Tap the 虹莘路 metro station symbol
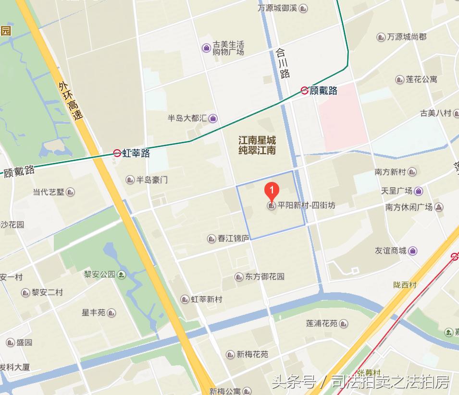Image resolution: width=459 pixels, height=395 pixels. point(117,153)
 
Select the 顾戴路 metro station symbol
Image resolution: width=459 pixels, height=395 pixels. point(305,90)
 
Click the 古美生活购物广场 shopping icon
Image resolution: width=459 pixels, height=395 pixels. point(206,48)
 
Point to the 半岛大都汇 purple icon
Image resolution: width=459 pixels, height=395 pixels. point(213,118)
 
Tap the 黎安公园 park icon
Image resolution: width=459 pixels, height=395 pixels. point(122,275)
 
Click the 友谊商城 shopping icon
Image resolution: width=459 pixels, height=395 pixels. point(413,251)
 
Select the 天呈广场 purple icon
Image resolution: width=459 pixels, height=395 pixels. point(419,191)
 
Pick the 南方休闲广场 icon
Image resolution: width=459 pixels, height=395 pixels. point(438,207)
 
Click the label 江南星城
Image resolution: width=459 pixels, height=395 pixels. point(258,141)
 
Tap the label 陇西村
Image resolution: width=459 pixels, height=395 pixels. point(405,285)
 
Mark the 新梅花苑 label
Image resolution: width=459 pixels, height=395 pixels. point(252,354)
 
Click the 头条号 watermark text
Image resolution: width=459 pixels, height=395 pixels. point(294,382)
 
